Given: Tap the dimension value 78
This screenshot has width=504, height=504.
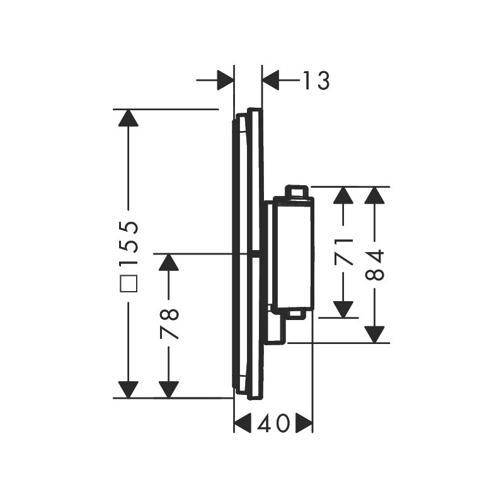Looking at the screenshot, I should [168, 324].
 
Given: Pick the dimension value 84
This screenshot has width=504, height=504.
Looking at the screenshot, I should [375, 265].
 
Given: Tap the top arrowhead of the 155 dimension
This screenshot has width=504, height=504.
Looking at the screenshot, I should [129, 119].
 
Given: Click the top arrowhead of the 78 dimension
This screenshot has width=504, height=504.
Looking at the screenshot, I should [168, 263].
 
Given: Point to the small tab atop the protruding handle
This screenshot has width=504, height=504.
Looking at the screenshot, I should [296, 190].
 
